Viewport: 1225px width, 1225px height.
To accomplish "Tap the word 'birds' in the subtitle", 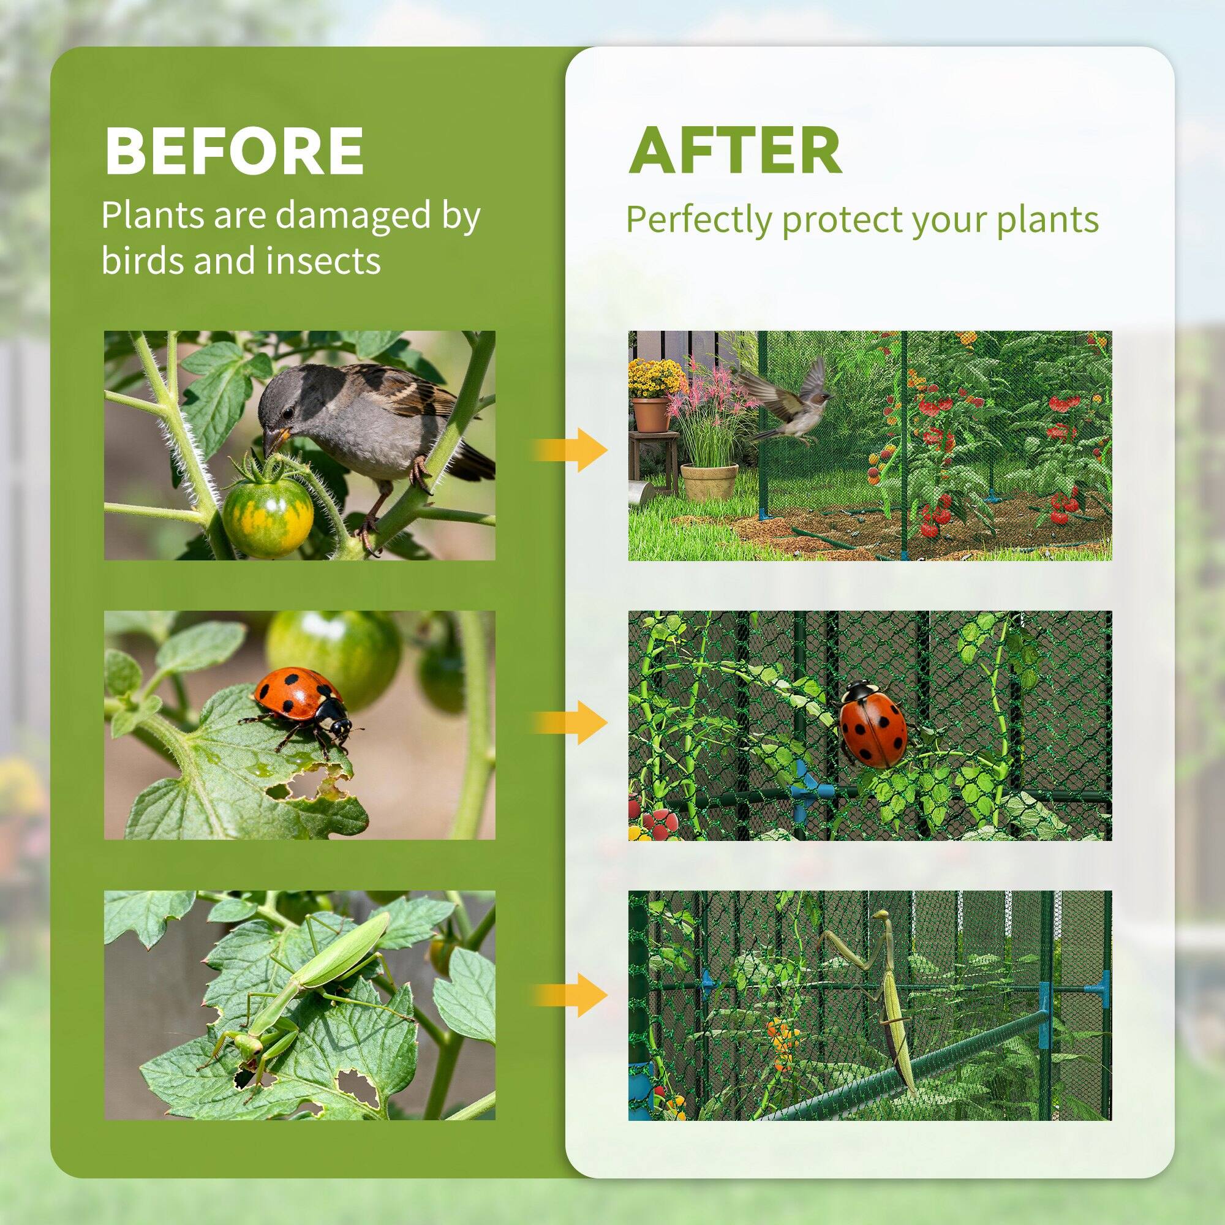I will [x=144, y=260].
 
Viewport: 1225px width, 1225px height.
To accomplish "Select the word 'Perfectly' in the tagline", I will [x=699, y=219].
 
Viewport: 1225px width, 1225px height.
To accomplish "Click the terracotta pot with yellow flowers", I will [x=650, y=413].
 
